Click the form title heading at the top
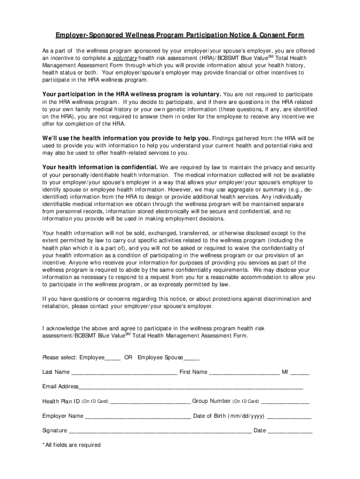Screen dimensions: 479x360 180,36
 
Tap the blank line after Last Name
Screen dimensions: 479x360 124,373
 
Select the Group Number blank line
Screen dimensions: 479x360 285,402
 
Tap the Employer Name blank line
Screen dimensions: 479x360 138,416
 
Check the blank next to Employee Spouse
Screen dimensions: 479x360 192,358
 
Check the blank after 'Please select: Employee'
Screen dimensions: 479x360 113,358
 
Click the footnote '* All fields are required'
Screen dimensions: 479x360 72,445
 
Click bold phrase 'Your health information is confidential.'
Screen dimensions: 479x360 100,167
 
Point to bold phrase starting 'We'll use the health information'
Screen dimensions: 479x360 126,138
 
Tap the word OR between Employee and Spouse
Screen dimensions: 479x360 128,358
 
